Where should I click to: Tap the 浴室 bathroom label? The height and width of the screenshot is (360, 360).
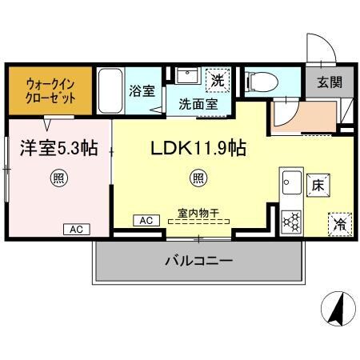click(142, 90)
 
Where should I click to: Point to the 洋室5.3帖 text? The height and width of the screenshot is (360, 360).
click(58, 147)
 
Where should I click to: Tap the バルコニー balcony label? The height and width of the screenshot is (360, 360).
click(199, 262)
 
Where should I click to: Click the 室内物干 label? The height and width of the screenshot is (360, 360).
click(198, 214)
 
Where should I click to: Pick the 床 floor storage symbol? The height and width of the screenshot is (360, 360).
click(318, 185)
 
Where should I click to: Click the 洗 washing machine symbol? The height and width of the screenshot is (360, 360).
click(217, 80)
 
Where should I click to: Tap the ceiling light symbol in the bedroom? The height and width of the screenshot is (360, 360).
click(58, 177)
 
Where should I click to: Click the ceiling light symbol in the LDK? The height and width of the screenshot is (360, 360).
click(196, 177)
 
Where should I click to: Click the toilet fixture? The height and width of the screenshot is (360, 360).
click(262, 81)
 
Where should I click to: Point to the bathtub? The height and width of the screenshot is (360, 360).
click(110, 91)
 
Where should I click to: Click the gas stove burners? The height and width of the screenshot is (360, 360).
click(290, 221)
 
